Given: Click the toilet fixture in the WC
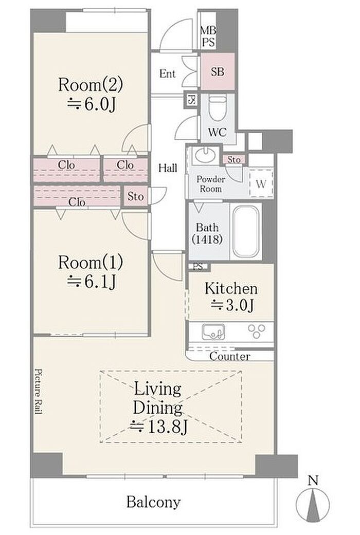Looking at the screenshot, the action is click(217, 108).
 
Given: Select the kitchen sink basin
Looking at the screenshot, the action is click(213, 332).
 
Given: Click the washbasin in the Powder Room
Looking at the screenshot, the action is click(205, 154).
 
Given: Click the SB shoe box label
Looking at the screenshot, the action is click(218, 72).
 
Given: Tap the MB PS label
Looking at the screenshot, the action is click(208, 36).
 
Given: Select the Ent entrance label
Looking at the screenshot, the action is click(167, 73).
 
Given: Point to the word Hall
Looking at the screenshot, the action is click(168, 168).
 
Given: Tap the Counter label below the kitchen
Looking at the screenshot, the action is click(230, 357).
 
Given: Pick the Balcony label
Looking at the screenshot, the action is click(153, 502).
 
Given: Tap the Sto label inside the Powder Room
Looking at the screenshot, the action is click(234, 160).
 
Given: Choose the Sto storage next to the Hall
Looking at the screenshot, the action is click(136, 196).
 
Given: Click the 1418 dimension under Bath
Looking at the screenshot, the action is click(207, 239).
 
